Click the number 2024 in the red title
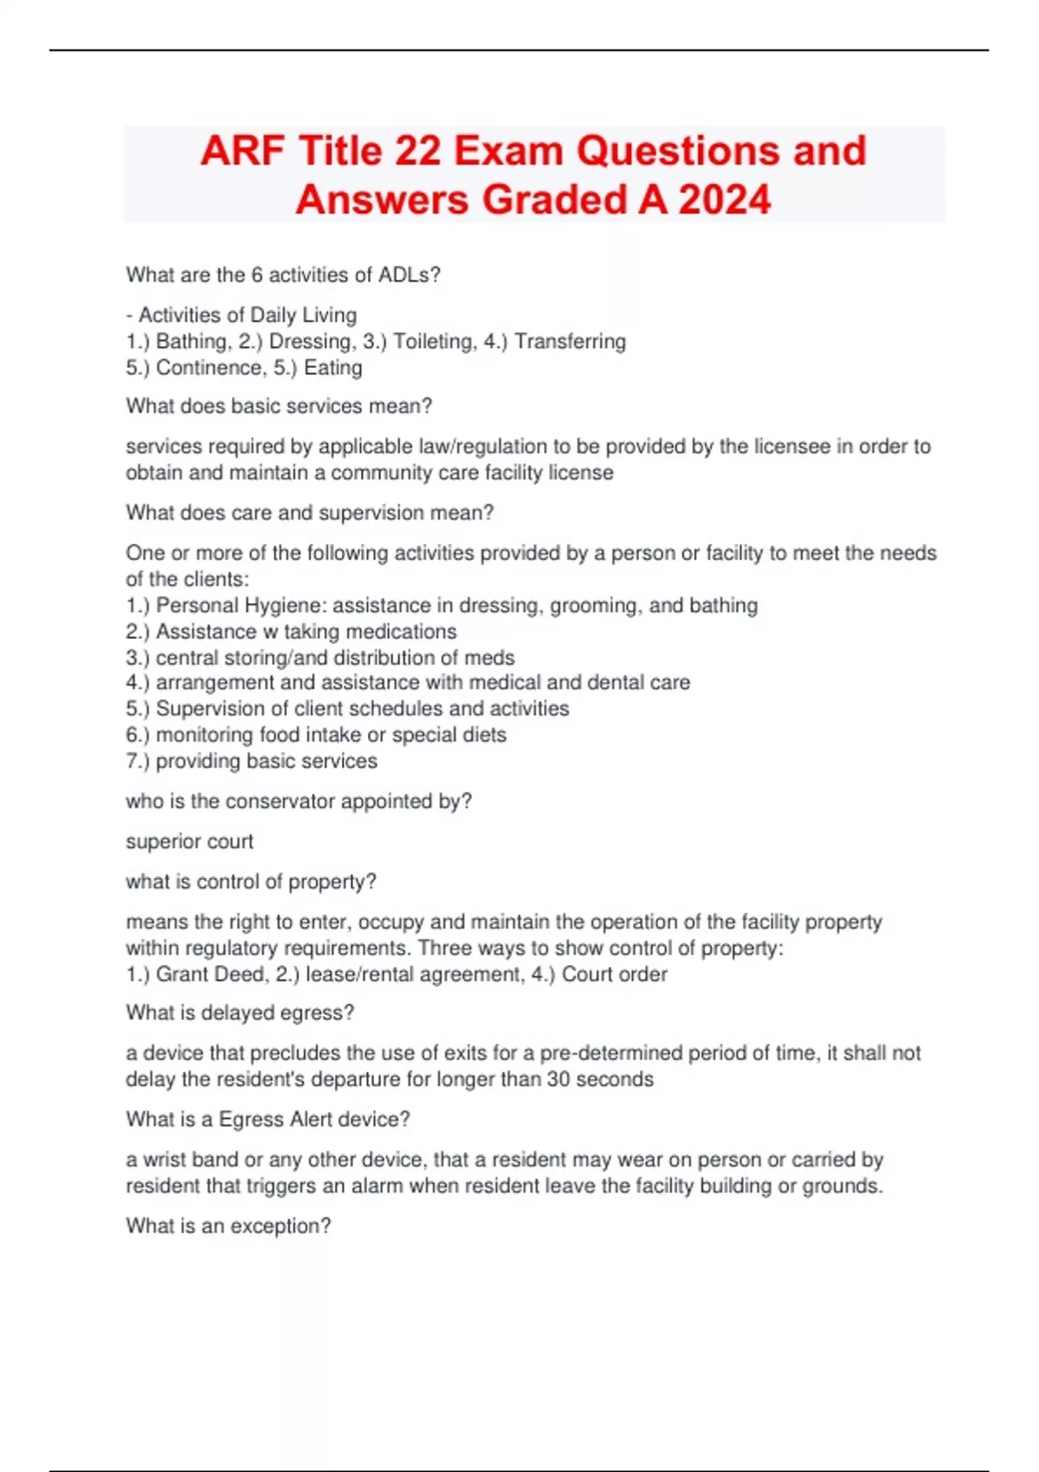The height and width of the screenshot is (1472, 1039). click(725, 200)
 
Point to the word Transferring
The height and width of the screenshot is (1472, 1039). click(570, 341)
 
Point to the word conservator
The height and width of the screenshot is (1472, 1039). click(280, 801)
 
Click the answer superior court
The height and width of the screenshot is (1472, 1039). click(190, 841)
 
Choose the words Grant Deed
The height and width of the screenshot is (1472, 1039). click(210, 974)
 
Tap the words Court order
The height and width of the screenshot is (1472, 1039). click(614, 974)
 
